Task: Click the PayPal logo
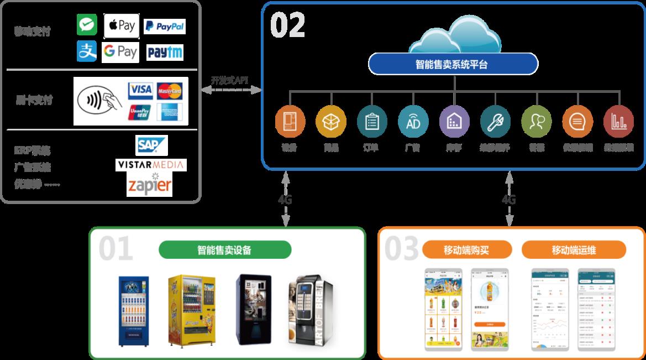(x=164, y=26)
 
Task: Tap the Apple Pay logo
(x=121, y=25)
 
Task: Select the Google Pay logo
(x=120, y=52)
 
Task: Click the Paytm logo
(x=165, y=53)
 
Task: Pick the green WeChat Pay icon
(x=87, y=25)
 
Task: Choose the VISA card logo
(x=140, y=90)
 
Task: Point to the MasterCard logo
(x=169, y=90)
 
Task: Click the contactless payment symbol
(x=98, y=101)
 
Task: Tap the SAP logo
(x=151, y=145)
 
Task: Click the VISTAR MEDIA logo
(x=151, y=165)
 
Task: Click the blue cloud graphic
(x=454, y=38)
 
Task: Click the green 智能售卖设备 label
(x=224, y=250)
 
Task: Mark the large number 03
(x=402, y=249)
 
